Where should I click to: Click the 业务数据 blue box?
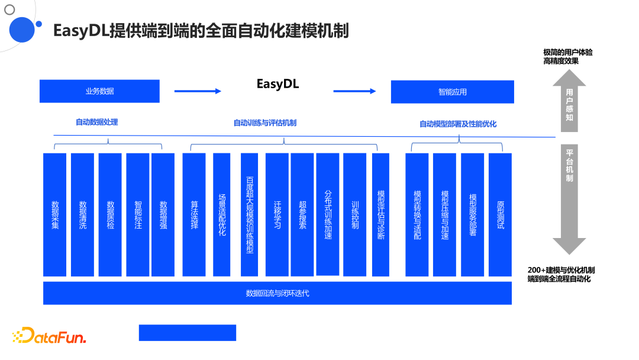pyautogui.click(x=99, y=91)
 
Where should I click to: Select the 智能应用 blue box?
pyautogui.click(x=452, y=92)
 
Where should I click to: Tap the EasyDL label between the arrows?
pyautogui.click(x=277, y=84)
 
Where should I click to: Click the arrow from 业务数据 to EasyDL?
pyautogui.click(x=198, y=91)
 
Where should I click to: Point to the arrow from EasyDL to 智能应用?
pyautogui.click(x=354, y=91)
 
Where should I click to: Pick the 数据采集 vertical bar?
pyautogui.click(x=55, y=214)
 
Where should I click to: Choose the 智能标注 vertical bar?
pyautogui.click(x=138, y=214)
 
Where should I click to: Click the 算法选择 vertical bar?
pyautogui.click(x=194, y=214)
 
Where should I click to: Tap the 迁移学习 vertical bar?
pyautogui.click(x=277, y=214)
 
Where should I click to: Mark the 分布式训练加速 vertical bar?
pyautogui.click(x=328, y=214)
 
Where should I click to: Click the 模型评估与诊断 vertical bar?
pyautogui.click(x=380, y=214)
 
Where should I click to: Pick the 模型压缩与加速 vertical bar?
pyautogui.click(x=444, y=214)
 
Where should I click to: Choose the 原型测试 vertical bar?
pyautogui.click(x=500, y=214)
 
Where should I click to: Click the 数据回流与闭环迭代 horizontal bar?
pyautogui.click(x=277, y=293)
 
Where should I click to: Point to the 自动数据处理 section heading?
pyautogui.click(x=96, y=122)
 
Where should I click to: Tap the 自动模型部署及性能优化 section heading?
pyautogui.click(x=458, y=124)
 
